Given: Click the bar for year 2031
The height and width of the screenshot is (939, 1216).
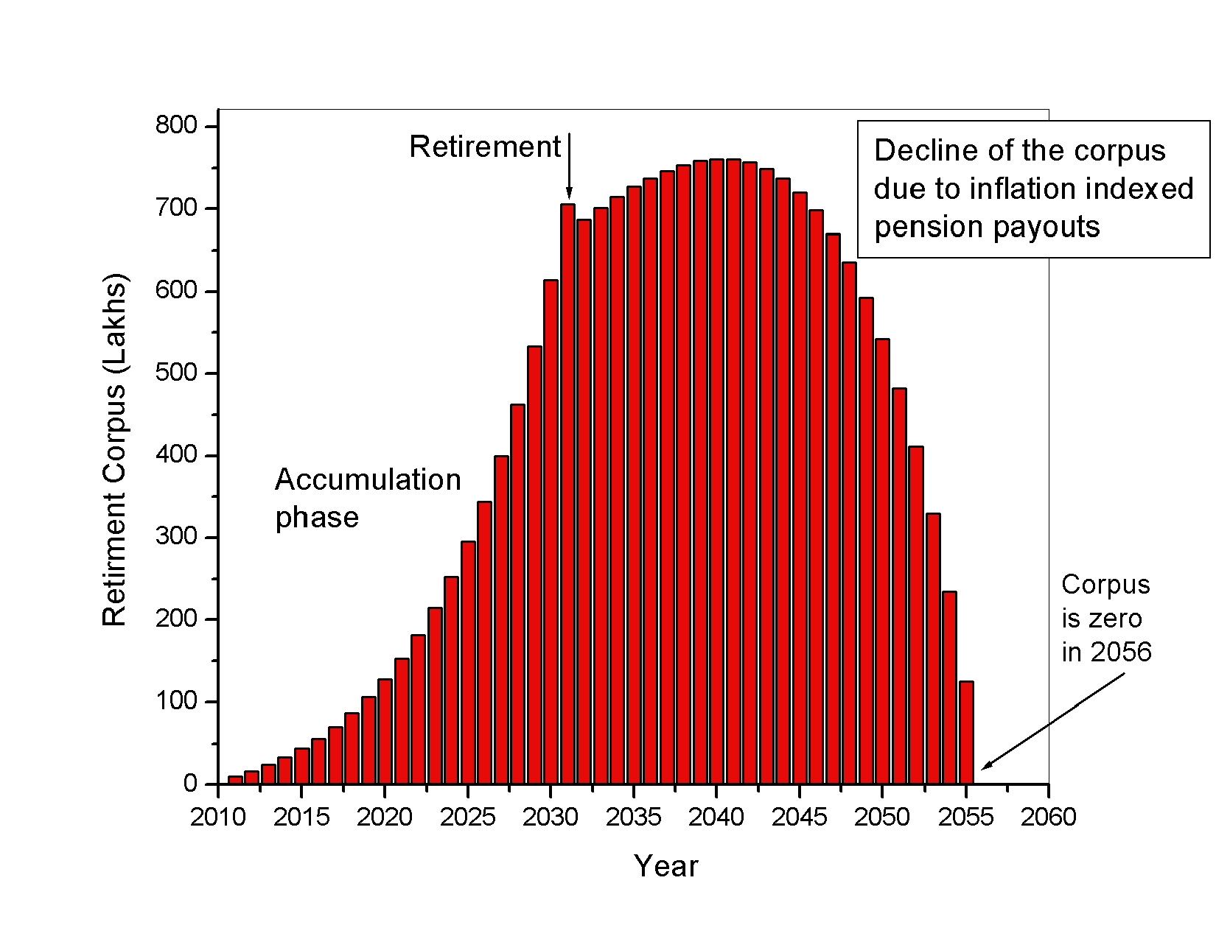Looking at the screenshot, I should (x=567, y=493).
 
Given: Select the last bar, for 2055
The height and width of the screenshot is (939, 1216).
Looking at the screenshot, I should (x=966, y=732).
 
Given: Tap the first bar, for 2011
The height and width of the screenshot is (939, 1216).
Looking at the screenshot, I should (x=235, y=779).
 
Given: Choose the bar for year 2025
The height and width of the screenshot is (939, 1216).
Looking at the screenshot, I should (x=468, y=663).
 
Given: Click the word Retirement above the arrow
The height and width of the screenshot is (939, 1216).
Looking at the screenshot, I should (x=485, y=147).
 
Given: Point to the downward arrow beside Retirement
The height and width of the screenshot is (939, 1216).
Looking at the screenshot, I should (x=569, y=166).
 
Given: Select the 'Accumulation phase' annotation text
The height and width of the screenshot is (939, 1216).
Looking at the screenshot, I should (x=367, y=498).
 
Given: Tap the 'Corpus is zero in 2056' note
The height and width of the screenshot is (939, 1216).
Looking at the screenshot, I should (x=1105, y=618).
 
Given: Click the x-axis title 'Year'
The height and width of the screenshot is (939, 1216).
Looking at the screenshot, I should (x=665, y=866).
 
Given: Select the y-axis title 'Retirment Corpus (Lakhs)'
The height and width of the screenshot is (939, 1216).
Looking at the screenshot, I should (x=115, y=450).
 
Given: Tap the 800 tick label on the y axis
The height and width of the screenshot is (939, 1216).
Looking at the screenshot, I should (x=176, y=126).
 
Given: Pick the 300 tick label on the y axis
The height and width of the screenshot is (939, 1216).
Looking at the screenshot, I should (x=176, y=537).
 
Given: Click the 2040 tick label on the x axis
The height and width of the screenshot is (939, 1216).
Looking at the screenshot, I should (x=716, y=817).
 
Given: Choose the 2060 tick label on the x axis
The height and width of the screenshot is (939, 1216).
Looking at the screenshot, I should (x=1048, y=817).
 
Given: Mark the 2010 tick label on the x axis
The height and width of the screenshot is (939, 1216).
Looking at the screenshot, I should (x=218, y=817).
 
